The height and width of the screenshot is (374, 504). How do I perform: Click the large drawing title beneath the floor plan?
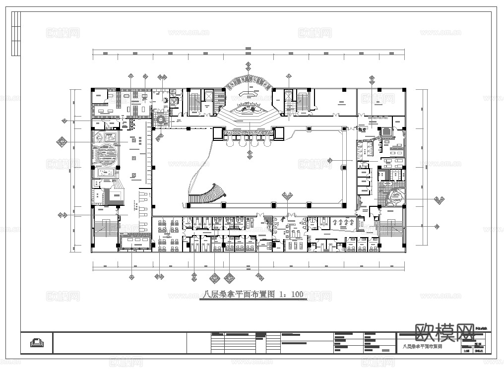tap(238, 295)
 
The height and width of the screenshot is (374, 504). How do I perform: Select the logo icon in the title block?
tap(36, 342)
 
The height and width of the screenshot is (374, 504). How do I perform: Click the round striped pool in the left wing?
tap(107, 154)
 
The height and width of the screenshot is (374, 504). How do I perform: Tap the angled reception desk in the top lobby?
tap(249, 93)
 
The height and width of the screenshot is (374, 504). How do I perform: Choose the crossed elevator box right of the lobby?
tap(288, 95)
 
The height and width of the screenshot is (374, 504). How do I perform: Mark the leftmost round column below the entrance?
tap(230, 142)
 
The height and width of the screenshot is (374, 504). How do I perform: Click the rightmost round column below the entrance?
tap(267, 142)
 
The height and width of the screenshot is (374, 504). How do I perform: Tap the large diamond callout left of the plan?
tap(62, 142)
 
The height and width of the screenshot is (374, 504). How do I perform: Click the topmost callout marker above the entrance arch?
tap(249, 64)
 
